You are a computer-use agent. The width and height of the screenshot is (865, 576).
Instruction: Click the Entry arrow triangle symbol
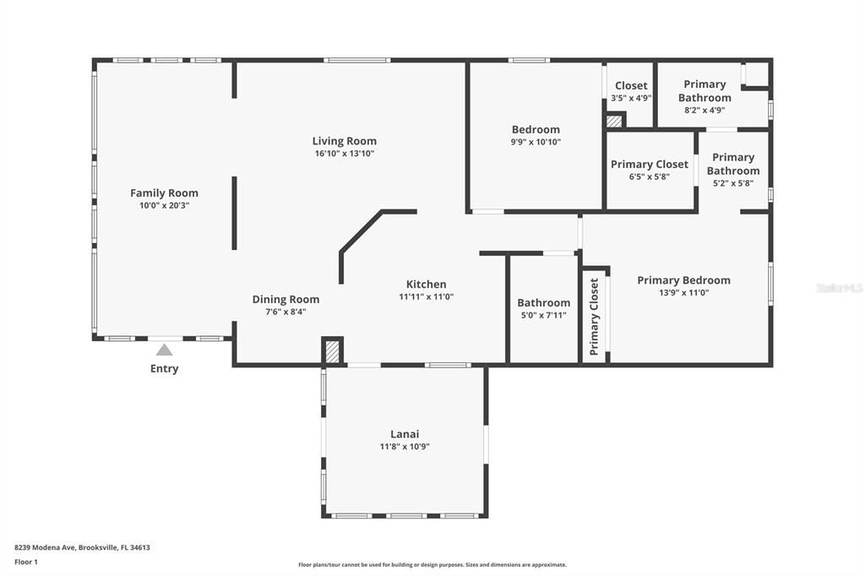coord(164,350)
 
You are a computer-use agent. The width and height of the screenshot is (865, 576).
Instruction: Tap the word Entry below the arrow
coord(164,369)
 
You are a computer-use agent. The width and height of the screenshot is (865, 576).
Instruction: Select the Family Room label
coord(164,193)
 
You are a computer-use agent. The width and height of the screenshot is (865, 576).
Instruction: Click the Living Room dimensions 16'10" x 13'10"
coord(344,154)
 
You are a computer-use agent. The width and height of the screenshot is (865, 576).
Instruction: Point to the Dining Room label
coord(286,299)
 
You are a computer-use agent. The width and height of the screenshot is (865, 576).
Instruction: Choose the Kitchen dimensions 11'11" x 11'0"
coord(426,296)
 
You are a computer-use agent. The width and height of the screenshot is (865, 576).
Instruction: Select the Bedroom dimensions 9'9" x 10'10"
coord(536,142)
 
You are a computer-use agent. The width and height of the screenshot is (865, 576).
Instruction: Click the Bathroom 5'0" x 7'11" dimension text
coord(543,315)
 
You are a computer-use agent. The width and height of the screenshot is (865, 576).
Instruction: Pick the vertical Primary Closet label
coord(594,317)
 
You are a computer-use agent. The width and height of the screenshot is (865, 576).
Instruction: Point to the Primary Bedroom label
coord(683,280)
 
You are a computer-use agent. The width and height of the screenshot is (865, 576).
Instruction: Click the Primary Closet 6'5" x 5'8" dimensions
coord(649,177)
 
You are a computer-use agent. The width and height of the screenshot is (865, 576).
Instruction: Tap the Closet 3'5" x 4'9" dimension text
coord(630,98)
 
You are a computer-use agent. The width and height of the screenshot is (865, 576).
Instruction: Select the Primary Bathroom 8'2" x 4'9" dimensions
coord(704,110)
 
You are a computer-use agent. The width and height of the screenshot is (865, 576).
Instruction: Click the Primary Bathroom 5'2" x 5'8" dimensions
coord(732,182)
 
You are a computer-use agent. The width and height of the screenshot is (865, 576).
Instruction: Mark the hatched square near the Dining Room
coord(333,351)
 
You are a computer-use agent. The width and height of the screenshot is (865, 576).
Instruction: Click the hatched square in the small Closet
coord(614,121)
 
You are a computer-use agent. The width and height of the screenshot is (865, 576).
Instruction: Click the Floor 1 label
coord(26,561)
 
